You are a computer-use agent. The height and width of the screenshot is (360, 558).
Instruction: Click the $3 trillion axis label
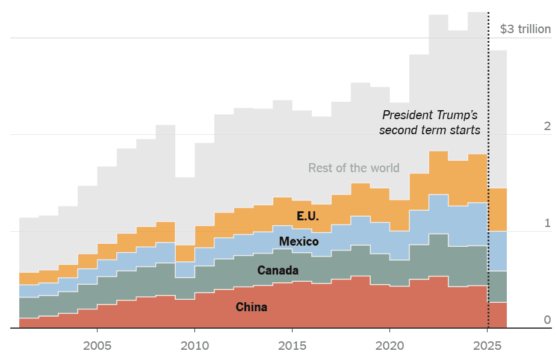point(525,29)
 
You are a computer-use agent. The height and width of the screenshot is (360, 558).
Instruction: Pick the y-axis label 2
point(547,126)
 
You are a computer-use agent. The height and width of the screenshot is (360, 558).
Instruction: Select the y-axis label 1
point(547,223)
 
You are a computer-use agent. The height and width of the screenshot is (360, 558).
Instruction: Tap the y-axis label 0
point(547,320)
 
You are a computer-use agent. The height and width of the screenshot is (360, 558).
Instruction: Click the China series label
point(252,308)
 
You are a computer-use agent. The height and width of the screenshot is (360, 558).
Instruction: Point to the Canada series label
point(277,270)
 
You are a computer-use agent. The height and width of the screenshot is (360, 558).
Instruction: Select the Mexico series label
point(299,241)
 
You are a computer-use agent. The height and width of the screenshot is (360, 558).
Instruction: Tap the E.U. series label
point(308,216)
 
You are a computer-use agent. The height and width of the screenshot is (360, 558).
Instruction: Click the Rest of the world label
point(353,168)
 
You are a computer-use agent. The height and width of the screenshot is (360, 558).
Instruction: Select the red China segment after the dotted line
point(498,315)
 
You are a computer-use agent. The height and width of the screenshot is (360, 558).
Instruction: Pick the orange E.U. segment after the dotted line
point(498,209)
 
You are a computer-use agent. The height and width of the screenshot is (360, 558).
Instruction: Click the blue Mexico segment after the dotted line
point(498,251)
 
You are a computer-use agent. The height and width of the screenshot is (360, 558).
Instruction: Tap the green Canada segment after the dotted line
point(498,287)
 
